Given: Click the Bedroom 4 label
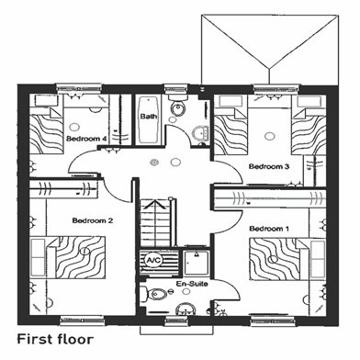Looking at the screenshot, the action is [86, 139].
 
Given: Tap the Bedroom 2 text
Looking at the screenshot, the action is [93, 220].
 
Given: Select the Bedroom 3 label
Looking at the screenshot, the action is [269, 167].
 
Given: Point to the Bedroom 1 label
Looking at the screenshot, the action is [269, 229].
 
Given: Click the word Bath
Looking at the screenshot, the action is [149, 117].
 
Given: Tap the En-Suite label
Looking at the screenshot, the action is [192, 284].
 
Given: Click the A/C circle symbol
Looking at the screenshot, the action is [152, 261].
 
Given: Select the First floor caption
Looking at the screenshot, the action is [55, 339].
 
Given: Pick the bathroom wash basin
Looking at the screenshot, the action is [201, 134].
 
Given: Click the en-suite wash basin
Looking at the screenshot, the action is [186, 309].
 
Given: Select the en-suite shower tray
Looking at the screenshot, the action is [197, 263].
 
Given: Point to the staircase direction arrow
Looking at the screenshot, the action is [155, 205].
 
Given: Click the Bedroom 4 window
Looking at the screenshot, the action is [79, 88].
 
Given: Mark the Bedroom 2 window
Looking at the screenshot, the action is [82, 321].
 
